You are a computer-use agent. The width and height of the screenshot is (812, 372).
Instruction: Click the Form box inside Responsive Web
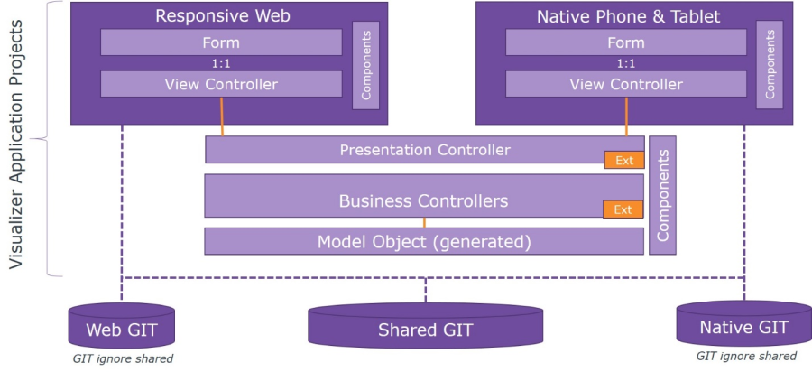[x=221, y=42]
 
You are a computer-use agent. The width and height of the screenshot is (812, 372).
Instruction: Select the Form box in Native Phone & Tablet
[x=626, y=42]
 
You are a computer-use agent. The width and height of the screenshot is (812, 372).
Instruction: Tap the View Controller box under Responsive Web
[x=221, y=84]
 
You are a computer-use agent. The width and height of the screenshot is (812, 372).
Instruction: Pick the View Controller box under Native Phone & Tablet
[x=626, y=84]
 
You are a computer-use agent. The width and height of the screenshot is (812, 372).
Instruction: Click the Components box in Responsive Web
[x=366, y=65]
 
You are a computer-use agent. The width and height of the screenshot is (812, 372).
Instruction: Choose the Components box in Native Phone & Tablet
[x=770, y=65]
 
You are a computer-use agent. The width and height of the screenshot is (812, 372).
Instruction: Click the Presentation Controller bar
[x=424, y=150]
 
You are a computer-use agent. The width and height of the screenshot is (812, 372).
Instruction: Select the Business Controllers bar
[x=423, y=200]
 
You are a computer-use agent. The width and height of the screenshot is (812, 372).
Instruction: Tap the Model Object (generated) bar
[x=423, y=242]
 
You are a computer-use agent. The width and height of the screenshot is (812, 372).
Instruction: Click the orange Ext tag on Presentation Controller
[x=623, y=161]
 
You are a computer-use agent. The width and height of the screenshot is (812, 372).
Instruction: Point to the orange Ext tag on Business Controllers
[x=623, y=209]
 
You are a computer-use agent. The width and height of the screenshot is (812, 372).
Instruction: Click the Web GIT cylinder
[x=122, y=328]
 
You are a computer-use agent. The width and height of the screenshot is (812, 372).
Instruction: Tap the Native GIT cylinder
[x=743, y=325]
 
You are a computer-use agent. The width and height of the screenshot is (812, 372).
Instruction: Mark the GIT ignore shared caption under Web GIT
[x=123, y=359]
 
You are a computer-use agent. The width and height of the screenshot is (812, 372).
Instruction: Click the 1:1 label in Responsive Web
[x=221, y=63]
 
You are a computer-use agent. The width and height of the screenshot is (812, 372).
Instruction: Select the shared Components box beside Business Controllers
[x=662, y=195]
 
